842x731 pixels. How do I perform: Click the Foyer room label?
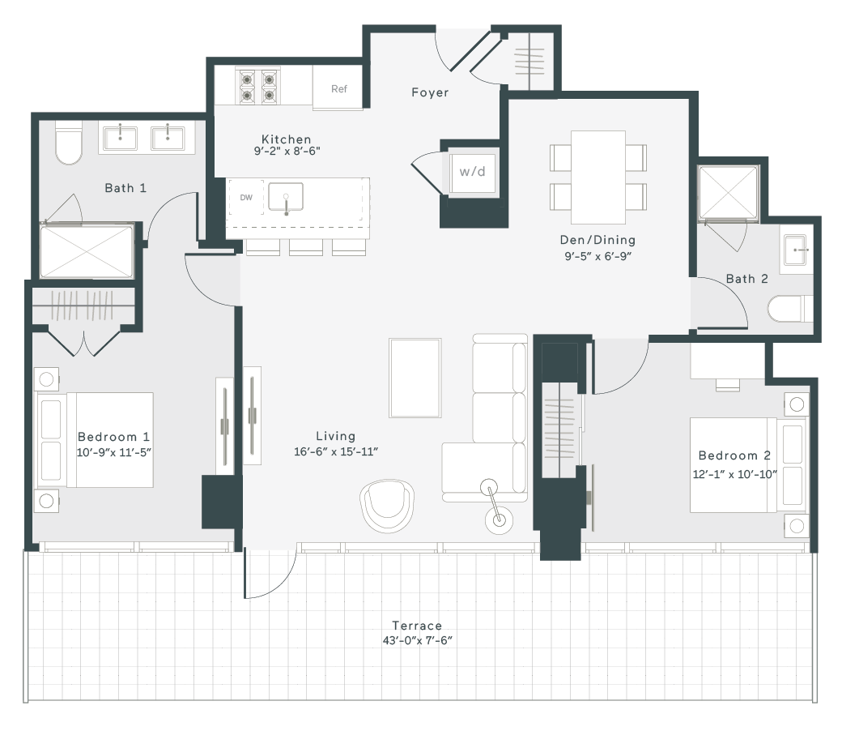point(430,92)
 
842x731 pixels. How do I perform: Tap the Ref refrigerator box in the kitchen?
point(338,88)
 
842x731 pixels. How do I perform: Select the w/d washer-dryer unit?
point(472,172)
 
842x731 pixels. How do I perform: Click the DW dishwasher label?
point(246,197)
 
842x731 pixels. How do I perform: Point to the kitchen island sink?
point(286,197)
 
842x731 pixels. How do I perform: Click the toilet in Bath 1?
point(69,143)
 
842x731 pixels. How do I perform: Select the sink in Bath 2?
point(795,250)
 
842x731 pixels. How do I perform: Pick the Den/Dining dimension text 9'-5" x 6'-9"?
point(597,256)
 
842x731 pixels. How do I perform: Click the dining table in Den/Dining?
point(598,177)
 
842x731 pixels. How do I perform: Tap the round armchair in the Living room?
point(387,506)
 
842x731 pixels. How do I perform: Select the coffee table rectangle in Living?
point(415,378)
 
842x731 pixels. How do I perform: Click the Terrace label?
point(417,626)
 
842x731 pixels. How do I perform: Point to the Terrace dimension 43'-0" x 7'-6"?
point(418,640)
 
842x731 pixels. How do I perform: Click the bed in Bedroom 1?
point(95,440)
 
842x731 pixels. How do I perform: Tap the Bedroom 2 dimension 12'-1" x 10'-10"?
point(734,474)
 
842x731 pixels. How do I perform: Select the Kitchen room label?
point(287,139)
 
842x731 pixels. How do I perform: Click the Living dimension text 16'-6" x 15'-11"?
point(336,451)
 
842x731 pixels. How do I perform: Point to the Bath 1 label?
point(125,188)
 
